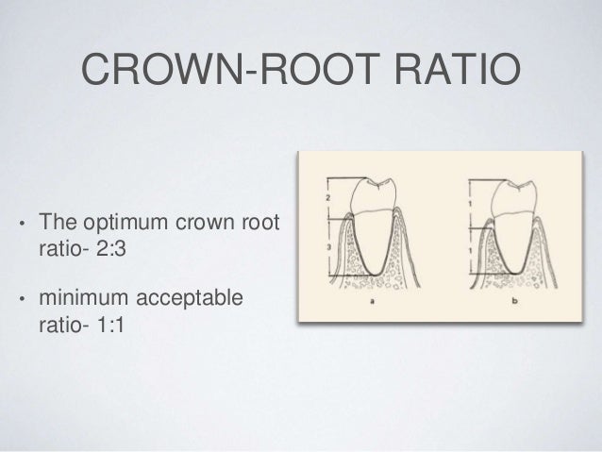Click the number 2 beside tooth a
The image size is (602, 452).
(326, 199)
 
